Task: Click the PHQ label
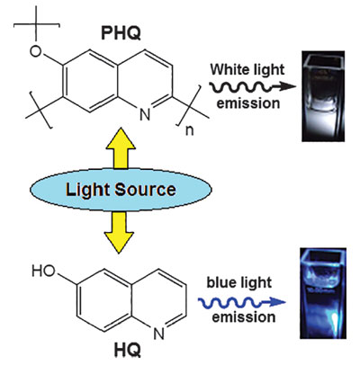click(121, 33)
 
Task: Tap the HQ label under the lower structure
click(128, 349)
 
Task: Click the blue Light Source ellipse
click(121, 190)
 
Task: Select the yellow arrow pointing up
click(121, 147)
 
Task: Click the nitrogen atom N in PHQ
click(145, 115)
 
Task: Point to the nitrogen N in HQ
click(158, 334)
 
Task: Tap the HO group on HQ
click(44, 272)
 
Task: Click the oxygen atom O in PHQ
click(36, 51)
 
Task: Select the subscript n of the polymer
click(189, 130)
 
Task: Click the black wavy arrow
click(252, 87)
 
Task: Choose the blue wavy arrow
click(241, 303)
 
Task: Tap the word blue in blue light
click(221, 282)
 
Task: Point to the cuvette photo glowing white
click(323, 96)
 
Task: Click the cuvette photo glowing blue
click(323, 293)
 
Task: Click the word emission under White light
click(248, 103)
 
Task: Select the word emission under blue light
click(244, 317)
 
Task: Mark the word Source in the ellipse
click(145, 190)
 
